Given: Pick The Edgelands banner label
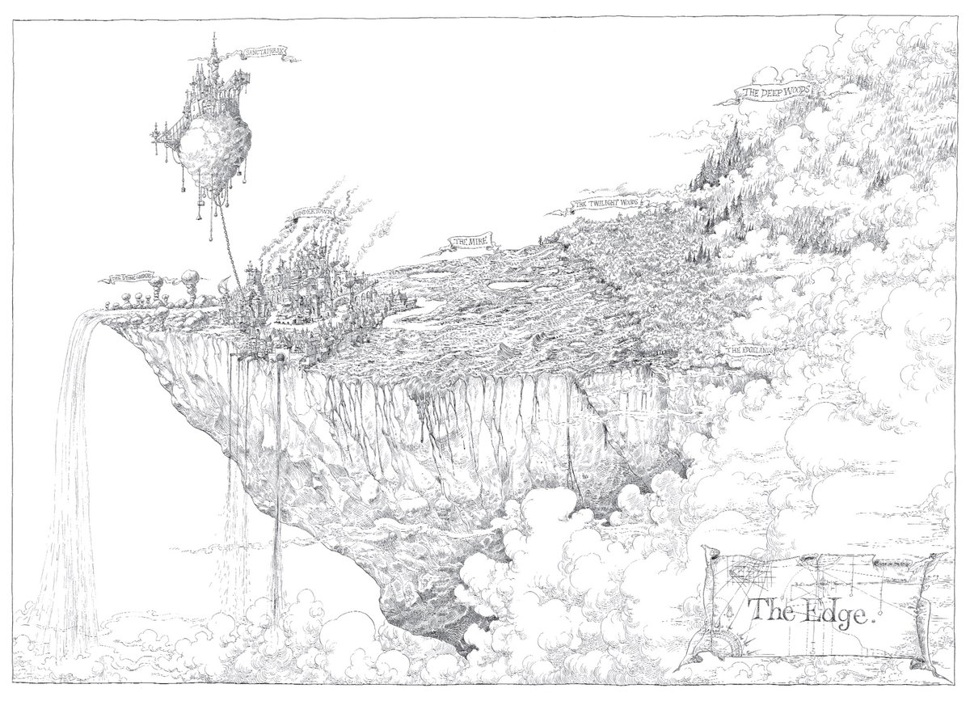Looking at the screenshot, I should [x=749, y=350].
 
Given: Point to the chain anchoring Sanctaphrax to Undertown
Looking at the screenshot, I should [x=228, y=239].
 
